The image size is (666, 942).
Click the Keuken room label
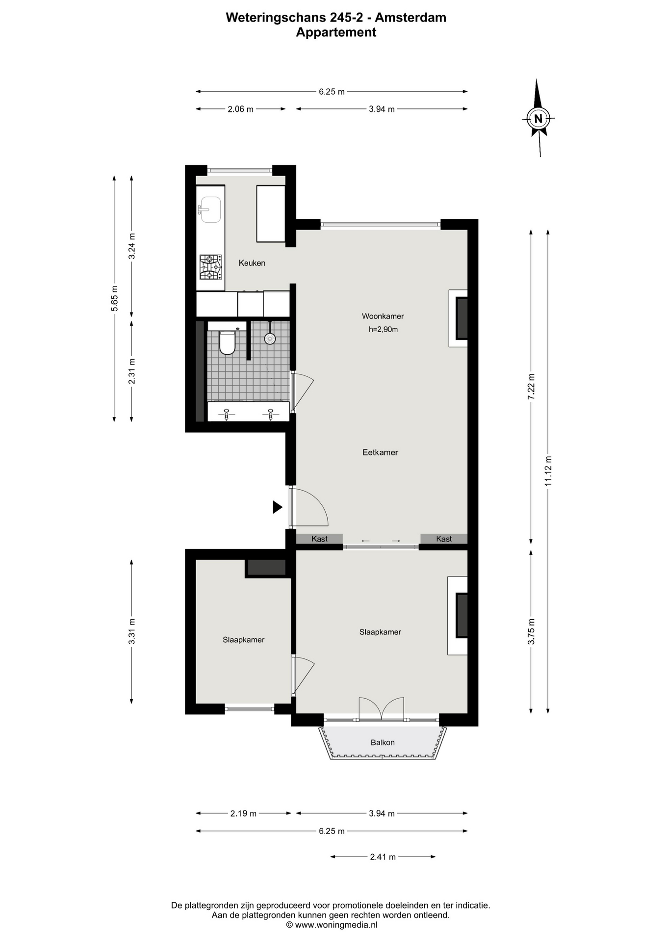pos(252,263)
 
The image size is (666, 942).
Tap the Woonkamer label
pos(383,316)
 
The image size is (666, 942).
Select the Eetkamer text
pos(380,452)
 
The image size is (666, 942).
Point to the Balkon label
pos(383,742)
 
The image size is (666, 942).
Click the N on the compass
pos(538,118)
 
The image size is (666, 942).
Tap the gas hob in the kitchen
pos(210,267)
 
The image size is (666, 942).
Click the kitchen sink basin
pos(211,209)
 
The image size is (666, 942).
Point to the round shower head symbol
pos(270,338)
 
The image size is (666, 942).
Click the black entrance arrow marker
pos(278,507)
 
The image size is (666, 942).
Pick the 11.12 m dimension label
pos(548,471)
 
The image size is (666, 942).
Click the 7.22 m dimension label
pos(531,387)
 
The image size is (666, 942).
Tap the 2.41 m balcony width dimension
pos(383,857)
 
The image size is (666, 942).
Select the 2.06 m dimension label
pos(240,109)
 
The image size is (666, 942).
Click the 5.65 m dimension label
pos(114,298)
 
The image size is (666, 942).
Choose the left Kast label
pos(319,539)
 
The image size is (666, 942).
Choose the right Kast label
pos(444,539)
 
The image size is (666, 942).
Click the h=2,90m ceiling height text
pos(383,329)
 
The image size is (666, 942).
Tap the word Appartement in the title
pos(336,32)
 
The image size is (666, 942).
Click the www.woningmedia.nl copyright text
pos(332,925)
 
